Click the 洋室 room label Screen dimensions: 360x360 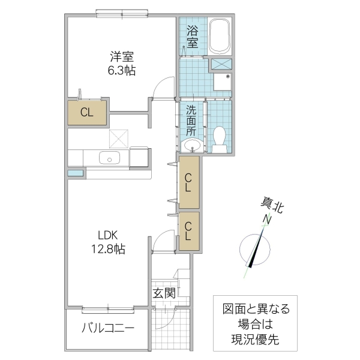[x=122, y=58]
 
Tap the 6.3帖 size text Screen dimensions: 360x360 [x=122, y=71]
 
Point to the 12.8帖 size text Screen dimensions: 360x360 [x=108, y=248]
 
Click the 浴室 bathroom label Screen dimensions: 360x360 [x=193, y=36]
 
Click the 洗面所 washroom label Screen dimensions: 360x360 [x=191, y=120]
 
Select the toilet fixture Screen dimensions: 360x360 [x=220, y=137]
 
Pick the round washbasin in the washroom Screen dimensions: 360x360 [x=193, y=145]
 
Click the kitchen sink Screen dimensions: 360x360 [x=110, y=158]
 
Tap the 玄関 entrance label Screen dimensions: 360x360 [x=163, y=293]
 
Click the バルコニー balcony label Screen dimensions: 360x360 [x=108, y=328]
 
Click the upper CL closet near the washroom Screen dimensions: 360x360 [x=188, y=182]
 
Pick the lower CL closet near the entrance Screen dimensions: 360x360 [x=188, y=231]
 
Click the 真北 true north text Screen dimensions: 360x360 [x=272, y=207]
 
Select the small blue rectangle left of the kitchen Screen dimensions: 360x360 [x=76, y=173]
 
